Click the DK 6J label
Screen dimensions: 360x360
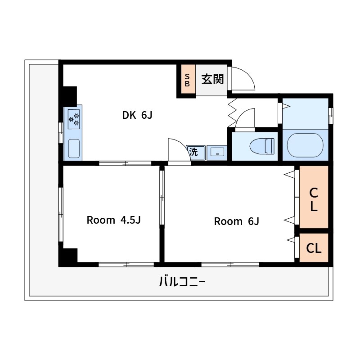click(x=137, y=115)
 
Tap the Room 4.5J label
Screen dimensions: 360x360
click(x=114, y=220)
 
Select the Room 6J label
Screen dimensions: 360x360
click(x=237, y=221)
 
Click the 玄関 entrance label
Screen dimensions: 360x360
click(x=212, y=79)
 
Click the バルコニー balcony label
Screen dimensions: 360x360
click(x=182, y=282)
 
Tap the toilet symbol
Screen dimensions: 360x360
click(x=262, y=146)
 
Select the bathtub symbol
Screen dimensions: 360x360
click(x=306, y=145)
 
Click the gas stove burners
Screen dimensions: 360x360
click(x=74, y=119)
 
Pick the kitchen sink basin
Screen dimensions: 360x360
click(x=74, y=148)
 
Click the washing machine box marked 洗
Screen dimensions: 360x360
click(x=196, y=152)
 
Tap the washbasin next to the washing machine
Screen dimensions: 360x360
click(x=217, y=153)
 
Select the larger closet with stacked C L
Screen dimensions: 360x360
click(x=314, y=197)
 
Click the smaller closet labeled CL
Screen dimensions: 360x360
click(x=314, y=247)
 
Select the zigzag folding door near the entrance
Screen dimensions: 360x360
click(x=232, y=113)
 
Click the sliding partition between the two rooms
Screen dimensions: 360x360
click(x=162, y=198)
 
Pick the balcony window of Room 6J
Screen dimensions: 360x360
click(x=230, y=265)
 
